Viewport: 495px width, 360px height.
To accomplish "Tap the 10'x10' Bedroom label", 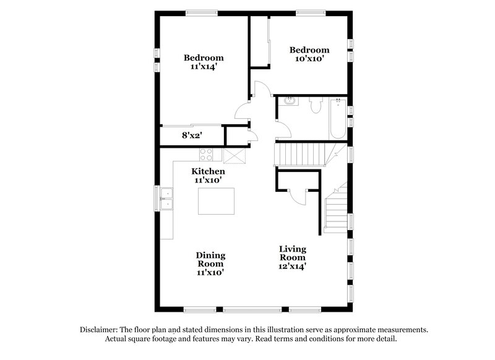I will click(x=309, y=54).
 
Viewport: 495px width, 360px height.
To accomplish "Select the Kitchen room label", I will click(x=208, y=175).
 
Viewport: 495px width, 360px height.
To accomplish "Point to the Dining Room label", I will click(x=210, y=263).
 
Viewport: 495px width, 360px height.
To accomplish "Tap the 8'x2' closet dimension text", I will click(x=192, y=134).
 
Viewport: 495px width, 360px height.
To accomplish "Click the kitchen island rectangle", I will click(x=217, y=201).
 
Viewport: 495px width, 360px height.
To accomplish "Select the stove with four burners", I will click(x=207, y=154).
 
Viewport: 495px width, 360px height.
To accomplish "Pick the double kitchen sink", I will click(x=166, y=198).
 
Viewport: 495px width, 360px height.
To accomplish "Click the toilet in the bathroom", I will click(x=316, y=106).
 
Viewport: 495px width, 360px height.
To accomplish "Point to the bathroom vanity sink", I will click(x=288, y=101).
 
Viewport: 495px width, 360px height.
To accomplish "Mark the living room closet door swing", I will click(x=298, y=197).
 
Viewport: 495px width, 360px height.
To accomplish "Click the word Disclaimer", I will click(x=98, y=330).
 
